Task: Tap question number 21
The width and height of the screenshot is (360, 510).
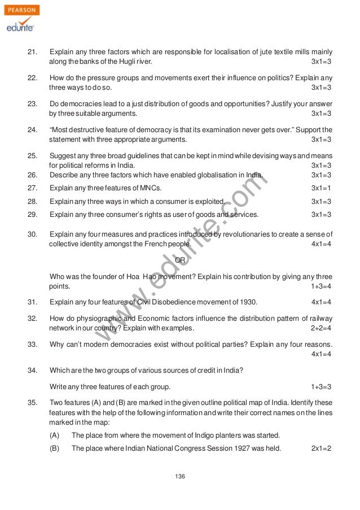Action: click(33, 51)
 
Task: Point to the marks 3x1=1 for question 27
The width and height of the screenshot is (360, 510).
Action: click(321, 188)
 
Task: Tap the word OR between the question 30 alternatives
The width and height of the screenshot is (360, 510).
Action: click(181, 260)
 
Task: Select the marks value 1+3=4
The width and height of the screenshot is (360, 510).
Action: click(321, 287)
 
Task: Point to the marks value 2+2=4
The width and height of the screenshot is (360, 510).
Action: click(321, 328)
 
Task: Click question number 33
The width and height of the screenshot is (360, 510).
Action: click(33, 345)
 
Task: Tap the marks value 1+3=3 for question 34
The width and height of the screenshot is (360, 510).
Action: click(321, 386)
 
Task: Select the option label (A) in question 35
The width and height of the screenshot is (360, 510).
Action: click(55, 435)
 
